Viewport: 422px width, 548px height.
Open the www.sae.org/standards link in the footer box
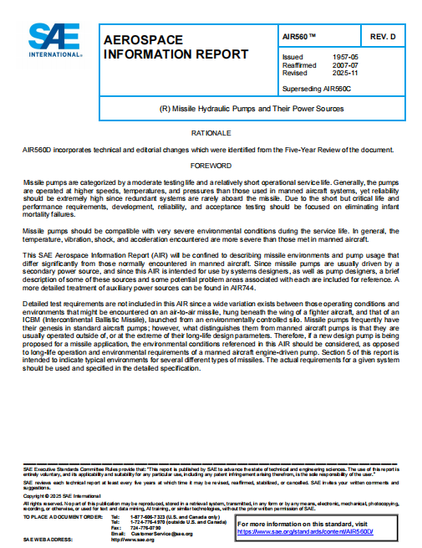click(305, 531)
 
